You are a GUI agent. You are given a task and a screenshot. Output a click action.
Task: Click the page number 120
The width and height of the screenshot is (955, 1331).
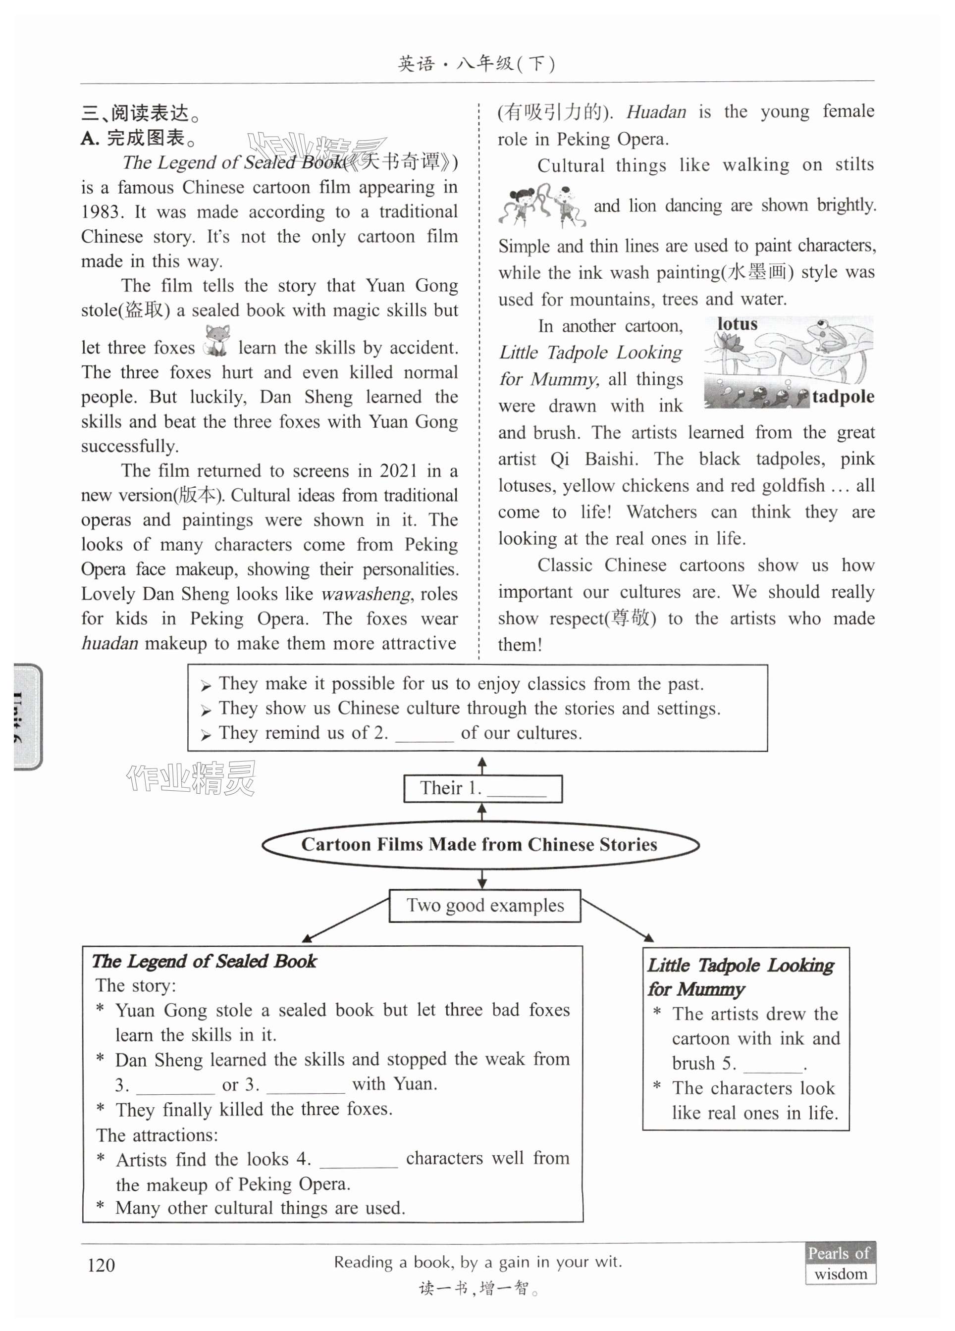click(101, 1265)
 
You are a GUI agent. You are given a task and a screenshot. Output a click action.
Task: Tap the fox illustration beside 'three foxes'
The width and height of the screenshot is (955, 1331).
click(216, 341)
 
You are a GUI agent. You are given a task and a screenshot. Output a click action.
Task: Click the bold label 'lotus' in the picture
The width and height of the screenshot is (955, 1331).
click(737, 324)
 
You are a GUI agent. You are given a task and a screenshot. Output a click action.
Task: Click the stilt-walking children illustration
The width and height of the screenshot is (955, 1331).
click(541, 205)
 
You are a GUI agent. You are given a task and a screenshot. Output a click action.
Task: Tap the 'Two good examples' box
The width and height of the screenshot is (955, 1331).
click(484, 906)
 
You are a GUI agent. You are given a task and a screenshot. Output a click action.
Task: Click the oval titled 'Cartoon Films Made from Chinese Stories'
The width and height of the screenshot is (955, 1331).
click(479, 844)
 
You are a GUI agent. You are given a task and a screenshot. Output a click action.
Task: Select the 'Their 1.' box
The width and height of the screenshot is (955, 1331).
click(482, 788)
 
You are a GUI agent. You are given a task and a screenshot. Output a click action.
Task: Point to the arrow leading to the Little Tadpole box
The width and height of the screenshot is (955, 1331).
click(618, 920)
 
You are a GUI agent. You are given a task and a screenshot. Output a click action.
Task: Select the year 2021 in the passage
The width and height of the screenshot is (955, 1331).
click(398, 471)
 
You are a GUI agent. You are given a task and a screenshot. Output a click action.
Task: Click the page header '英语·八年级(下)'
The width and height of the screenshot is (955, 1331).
click(476, 63)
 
